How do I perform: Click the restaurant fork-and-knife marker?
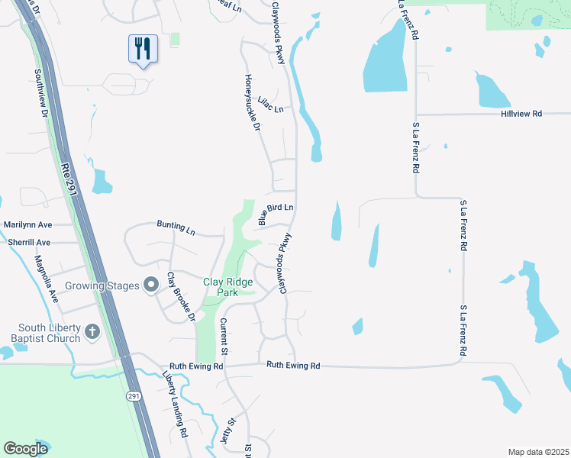point(143,50)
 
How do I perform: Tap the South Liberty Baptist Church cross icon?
point(92,331)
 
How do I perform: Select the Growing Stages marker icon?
point(151,285)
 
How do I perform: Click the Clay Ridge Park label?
point(226,287)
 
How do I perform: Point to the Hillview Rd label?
point(521,114)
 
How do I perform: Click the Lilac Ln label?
point(270,105)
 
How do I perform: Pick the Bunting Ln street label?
point(176,227)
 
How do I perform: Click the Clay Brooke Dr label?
point(182,295)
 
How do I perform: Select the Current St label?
point(224,337)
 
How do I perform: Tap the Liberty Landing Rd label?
point(175,404)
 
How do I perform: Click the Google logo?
point(25,449)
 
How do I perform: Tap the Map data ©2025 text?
point(537,451)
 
